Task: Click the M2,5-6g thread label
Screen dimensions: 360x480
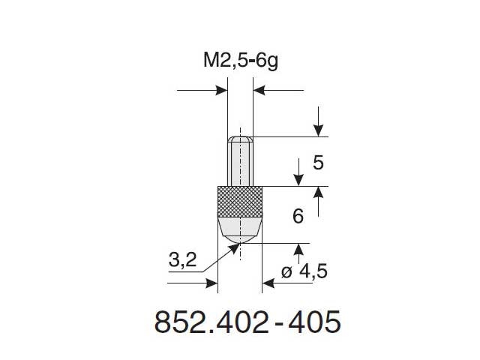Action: point(240,62)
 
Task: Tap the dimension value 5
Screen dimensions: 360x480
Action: point(318,162)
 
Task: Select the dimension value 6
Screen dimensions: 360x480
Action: point(298,217)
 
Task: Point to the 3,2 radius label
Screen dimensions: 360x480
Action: point(184,261)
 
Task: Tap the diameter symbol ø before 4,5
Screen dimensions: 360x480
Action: point(288,273)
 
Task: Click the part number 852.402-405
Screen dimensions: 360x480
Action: point(247,322)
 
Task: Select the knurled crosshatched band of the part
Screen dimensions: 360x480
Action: point(240,199)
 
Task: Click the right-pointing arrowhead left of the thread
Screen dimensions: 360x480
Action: point(221,91)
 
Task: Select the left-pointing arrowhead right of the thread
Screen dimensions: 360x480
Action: point(259,91)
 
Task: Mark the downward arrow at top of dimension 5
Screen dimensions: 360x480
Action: point(319,130)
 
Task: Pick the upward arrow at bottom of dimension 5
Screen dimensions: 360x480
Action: point(319,193)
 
